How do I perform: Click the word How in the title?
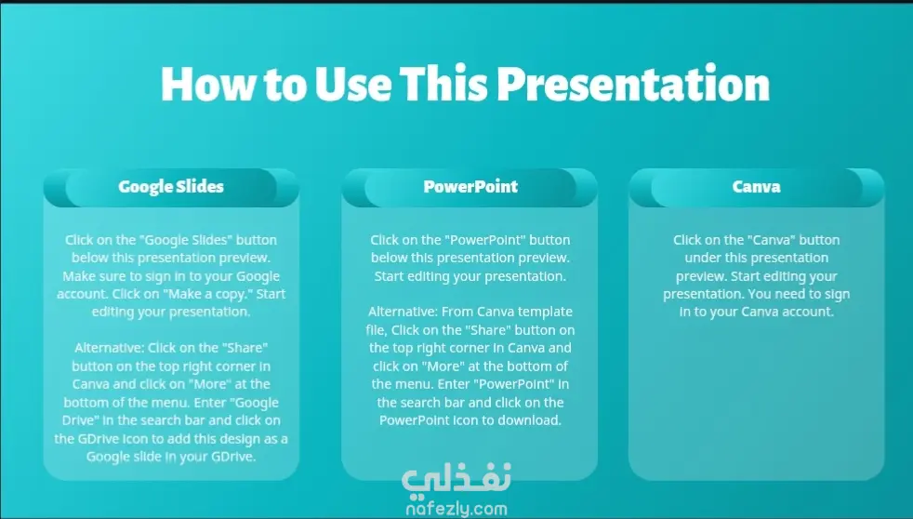pyautogui.click(x=208, y=84)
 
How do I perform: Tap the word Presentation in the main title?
pyautogui.click(x=633, y=84)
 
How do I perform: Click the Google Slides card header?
pyautogui.click(x=171, y=187)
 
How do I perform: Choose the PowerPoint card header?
pyautogui.click(x=470, y=187)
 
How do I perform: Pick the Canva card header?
pyautogui.click(x=757, y=187)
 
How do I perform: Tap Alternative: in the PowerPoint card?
pyautogui.click(x=403, y=312)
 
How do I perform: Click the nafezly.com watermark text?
pyautogui.click(x=456, y=509)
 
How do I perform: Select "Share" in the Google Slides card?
pyautogui.click(x=244, y=348)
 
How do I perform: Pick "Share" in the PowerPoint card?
pyautogui.click(x=487, y=329)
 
